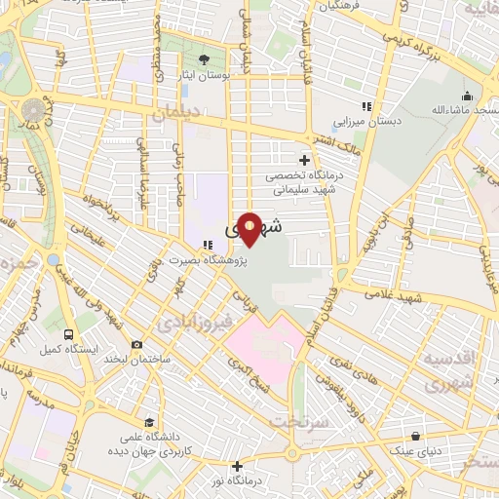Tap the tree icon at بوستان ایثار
pyautogui.click(x=204, y=59)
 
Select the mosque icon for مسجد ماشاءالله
pyautogui.click(x=468, y=96)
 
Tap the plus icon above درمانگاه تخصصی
pyautogui.click(x=305, y=159)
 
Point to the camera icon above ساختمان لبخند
pyautogui.click(x=136, y=344)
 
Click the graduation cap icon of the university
pyautogui.click(x=149, y=423)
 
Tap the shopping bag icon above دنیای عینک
pyautogui.click(x=415, y=436)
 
